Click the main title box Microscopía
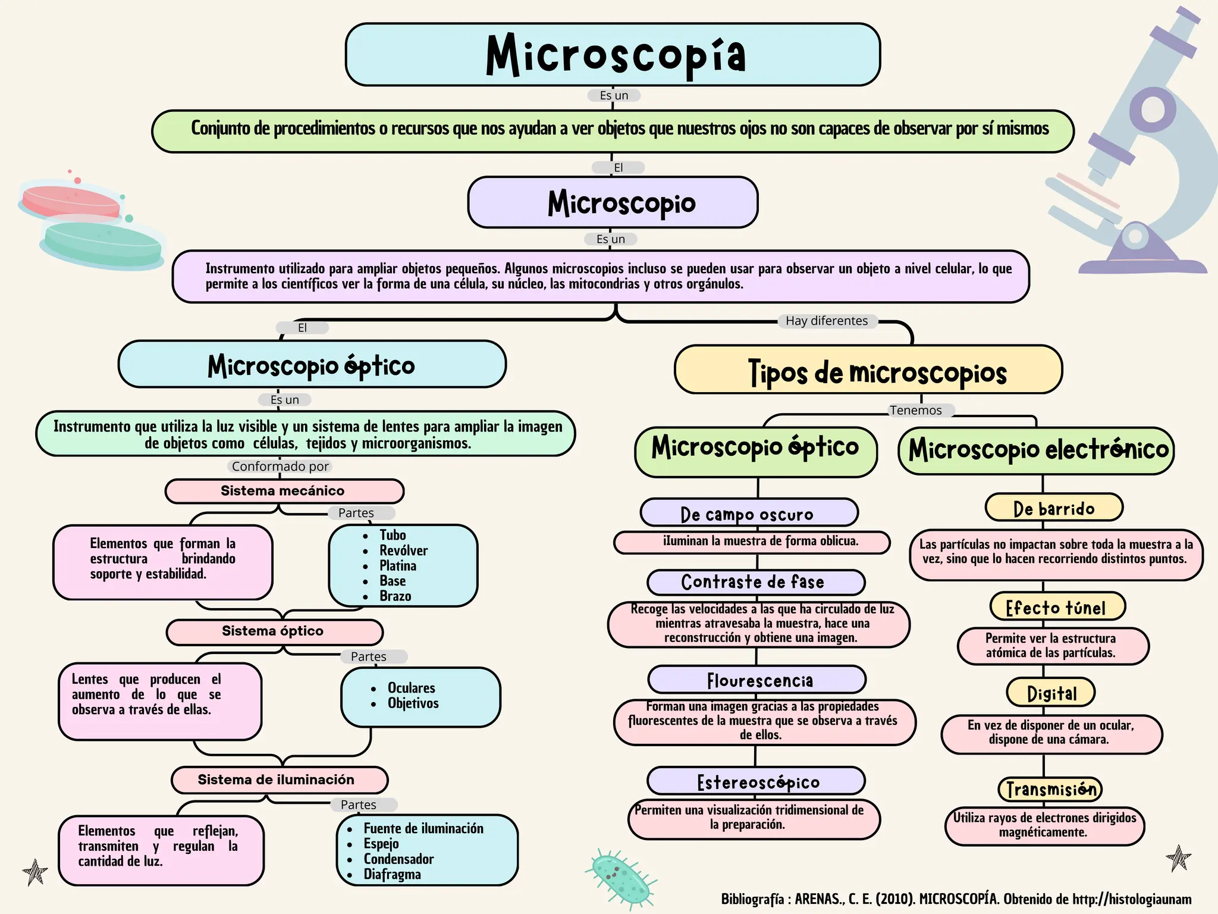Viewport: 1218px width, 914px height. (x=613, y=55)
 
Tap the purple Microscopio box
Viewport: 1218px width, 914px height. (x=613, y=202)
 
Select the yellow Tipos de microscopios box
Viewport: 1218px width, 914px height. (x=868, y=370)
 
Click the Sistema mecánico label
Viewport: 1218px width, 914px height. (x=284, y=491)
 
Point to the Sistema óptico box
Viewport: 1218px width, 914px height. (x=274, y=631)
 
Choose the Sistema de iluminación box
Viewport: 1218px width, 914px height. (x=279, y=780)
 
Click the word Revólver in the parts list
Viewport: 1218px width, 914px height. (x=403, y=550)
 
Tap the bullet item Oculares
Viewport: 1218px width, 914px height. (x=411, y=688)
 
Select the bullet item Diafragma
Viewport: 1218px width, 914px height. (x=392, y=874)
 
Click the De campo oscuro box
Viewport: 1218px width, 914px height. (x=748, y=513)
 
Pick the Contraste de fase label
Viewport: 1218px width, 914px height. (x=755, y=582)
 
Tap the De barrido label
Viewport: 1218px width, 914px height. (x=1053, y=508)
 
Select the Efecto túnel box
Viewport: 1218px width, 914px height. (x=1057, y=607)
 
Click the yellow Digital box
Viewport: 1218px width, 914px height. (x=1051, y=693)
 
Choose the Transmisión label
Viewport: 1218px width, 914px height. (x=1050, y=789)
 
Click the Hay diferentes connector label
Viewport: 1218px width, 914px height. (x=826, y=321)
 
